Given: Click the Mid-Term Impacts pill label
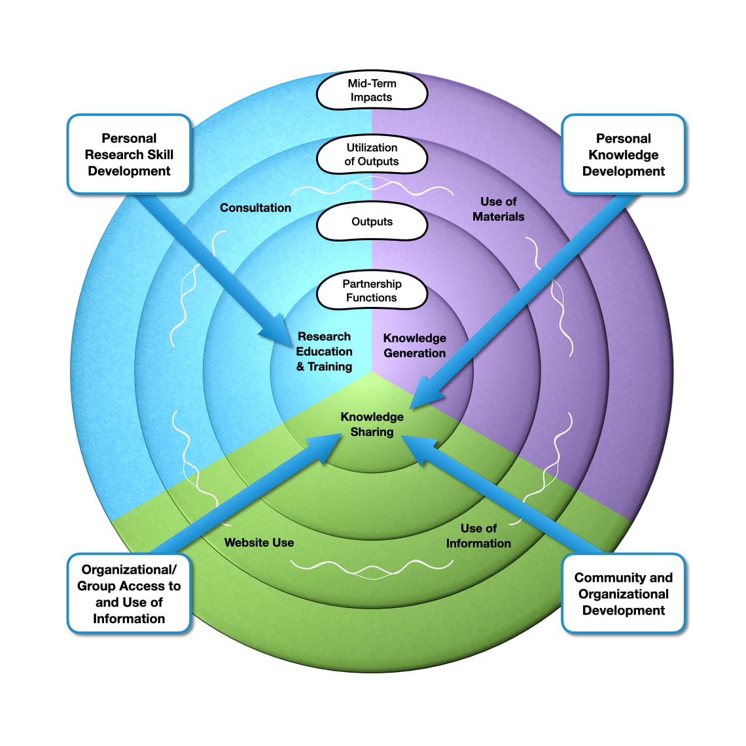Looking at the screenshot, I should coord(372,91).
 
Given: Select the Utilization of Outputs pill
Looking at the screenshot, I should coord(372,155).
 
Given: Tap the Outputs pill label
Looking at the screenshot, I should coord(372,222).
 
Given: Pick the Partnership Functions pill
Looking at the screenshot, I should coord(372,291).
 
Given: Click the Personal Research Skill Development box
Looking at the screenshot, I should coord(129,154).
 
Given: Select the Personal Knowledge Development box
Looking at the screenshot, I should coord(623,154).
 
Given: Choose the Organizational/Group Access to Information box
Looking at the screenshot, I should coord(129,594).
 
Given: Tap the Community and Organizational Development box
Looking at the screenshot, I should coord(623,594).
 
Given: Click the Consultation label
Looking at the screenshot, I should coord(255,207).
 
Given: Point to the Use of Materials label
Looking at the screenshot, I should coord(498,209).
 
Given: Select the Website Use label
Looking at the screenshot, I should coord(258,542).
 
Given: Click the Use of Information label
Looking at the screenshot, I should coord(478,535).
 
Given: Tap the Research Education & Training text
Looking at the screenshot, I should coord(324,351).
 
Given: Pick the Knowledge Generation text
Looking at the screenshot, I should coord(414,346).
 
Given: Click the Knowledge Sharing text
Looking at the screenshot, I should coord(372,424).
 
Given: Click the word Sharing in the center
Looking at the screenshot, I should coord(372,432).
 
